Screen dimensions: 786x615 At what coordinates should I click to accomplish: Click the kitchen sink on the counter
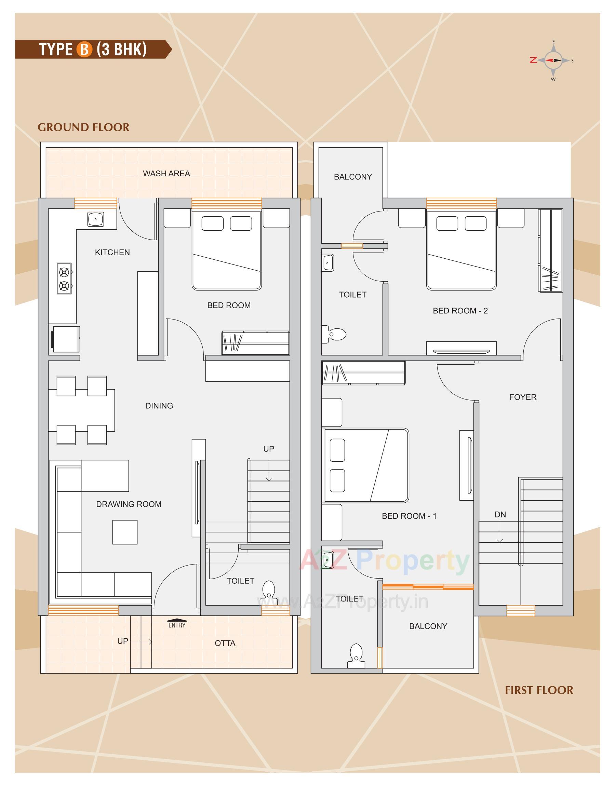[95, 219]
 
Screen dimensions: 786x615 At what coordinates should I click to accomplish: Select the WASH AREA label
[166, 174]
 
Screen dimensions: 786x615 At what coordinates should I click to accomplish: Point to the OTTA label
[225, 643]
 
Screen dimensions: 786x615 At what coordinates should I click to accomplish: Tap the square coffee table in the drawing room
[125, 532]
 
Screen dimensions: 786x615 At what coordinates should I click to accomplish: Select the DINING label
[159, 406]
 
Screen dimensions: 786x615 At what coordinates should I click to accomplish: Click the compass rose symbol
[553, 60]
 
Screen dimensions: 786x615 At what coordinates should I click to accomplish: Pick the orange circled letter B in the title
[84, 49]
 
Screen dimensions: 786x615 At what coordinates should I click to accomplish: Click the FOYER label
[522, 397]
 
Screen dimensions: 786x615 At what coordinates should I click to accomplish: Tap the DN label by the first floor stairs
[500, 515]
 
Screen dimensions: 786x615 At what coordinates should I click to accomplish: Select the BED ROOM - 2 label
[460, 311]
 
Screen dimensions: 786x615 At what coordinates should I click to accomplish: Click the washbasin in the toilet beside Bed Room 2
[327, 263]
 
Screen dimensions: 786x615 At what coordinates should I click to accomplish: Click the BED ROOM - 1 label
[409, 516]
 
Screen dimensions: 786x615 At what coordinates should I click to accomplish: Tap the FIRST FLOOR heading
[539, 690]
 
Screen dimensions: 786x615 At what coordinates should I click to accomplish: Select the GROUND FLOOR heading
[83, 127]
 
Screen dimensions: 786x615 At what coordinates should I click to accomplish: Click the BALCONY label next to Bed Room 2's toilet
[352, 177]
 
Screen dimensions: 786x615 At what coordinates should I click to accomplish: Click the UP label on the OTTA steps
[122, 641]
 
